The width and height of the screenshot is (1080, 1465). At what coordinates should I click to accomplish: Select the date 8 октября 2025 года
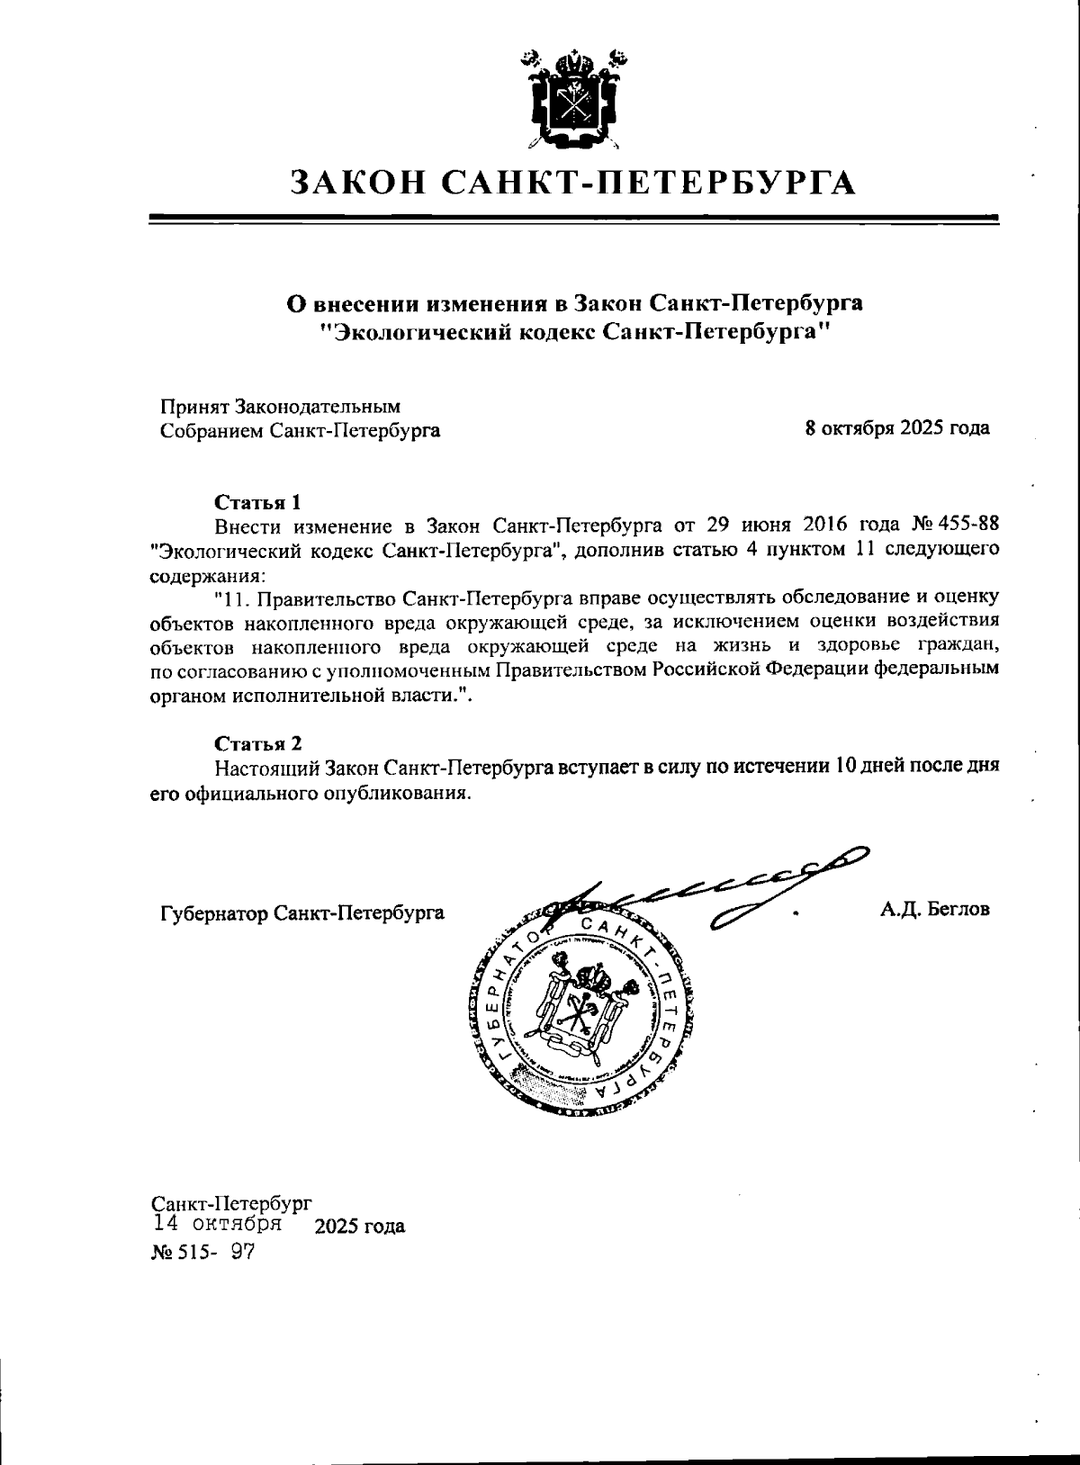897,428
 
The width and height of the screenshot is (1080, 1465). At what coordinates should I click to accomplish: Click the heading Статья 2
256,743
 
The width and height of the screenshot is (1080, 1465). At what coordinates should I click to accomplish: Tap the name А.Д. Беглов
935,909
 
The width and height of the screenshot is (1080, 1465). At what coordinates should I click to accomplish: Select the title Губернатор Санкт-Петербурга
301,913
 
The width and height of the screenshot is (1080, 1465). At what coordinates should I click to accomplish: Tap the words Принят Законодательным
280,407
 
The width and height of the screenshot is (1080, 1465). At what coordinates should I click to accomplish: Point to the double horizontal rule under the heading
573,220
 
